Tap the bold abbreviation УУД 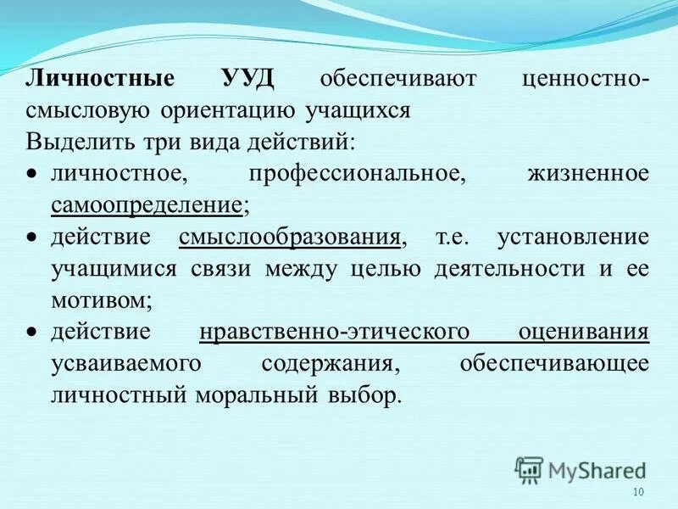[x=247, y=79]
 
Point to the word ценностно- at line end [x=586, y=79]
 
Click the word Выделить [x=68, y=142]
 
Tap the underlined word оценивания [x=582, y=331]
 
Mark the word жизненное [x=587, y=173]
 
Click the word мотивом [x=101, y=299]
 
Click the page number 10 [x=638, y=494]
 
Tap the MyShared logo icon [x=529, y=468]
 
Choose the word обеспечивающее [x=554, y=363]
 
